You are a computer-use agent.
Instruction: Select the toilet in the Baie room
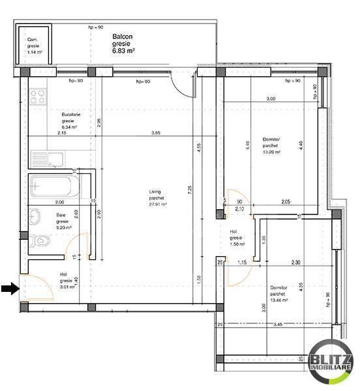pos(40,240)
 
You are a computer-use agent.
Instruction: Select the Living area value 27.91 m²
pos(157,203)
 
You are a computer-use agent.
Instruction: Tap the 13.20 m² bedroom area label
pos(271,152)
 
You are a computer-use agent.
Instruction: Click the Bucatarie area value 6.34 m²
pos(69,127)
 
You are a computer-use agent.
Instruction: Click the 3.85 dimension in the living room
pos(156,133)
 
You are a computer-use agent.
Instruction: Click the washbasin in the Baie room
pos(37,215)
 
